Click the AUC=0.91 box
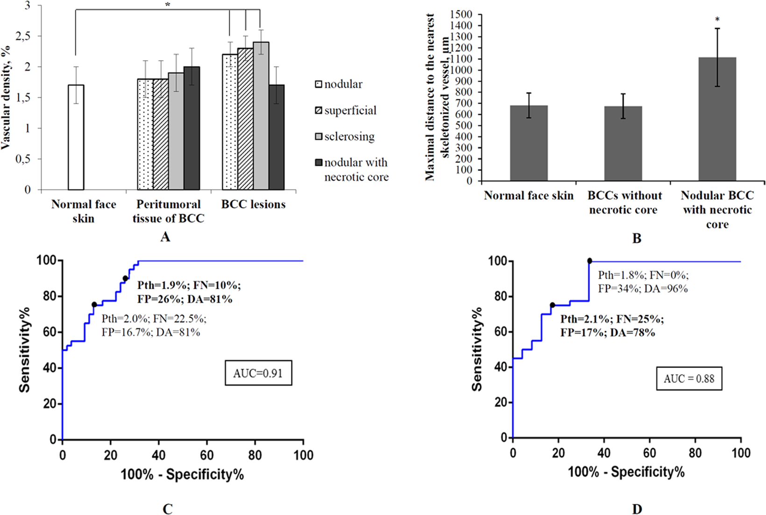(x=258, y=373)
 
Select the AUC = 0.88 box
(x=689, y=378)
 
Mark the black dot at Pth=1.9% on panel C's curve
(x=125, y=278)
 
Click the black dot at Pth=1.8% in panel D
(x=589, y=261)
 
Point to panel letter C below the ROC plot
(x=167, y=509)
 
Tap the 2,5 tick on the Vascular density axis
(x=23, y=36)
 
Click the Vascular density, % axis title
(x=6, y=98)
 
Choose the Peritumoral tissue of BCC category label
(x=168, y=211)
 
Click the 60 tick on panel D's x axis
(x=649, y=452)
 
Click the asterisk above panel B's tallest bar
(x=717, y=20)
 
